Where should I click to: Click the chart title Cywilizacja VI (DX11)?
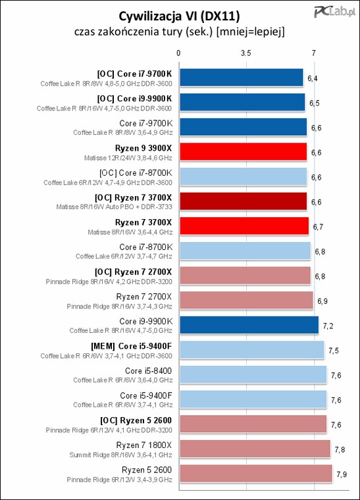pos(179,15)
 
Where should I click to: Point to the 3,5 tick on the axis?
pos(246,53)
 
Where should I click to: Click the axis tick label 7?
pos(314,53)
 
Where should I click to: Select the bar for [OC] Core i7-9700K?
pos(241,78)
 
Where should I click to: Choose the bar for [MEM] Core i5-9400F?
pos(251,350)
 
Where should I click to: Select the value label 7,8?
pos(340,449)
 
